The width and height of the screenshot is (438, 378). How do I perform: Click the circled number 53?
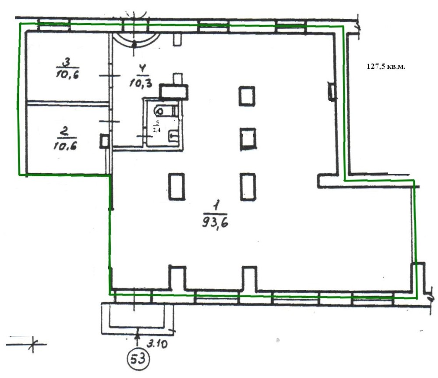(138, 359)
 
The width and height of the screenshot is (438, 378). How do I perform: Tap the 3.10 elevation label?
(157, 343)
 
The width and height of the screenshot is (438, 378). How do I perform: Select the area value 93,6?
(215, 223)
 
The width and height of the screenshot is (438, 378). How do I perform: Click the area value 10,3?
(141, 83)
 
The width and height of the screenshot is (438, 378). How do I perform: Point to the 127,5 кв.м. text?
(385, 67)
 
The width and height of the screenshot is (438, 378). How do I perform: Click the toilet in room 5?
(166, 111)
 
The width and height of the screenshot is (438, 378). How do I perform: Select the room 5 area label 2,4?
(157, 130)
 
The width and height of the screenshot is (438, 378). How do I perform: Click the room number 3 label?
(67, 62)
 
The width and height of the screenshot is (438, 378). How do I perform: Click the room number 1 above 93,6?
(216, 206)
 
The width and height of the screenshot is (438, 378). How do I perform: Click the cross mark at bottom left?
(33, 344)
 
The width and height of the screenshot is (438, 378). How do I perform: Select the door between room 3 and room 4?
(110, 75)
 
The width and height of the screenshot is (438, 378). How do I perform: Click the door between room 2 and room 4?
(110, 121)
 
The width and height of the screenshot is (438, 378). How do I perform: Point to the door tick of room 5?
(145, 136)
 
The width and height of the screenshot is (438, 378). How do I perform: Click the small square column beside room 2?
(105, 141)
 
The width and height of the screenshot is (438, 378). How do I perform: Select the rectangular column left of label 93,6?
(177, 186)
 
